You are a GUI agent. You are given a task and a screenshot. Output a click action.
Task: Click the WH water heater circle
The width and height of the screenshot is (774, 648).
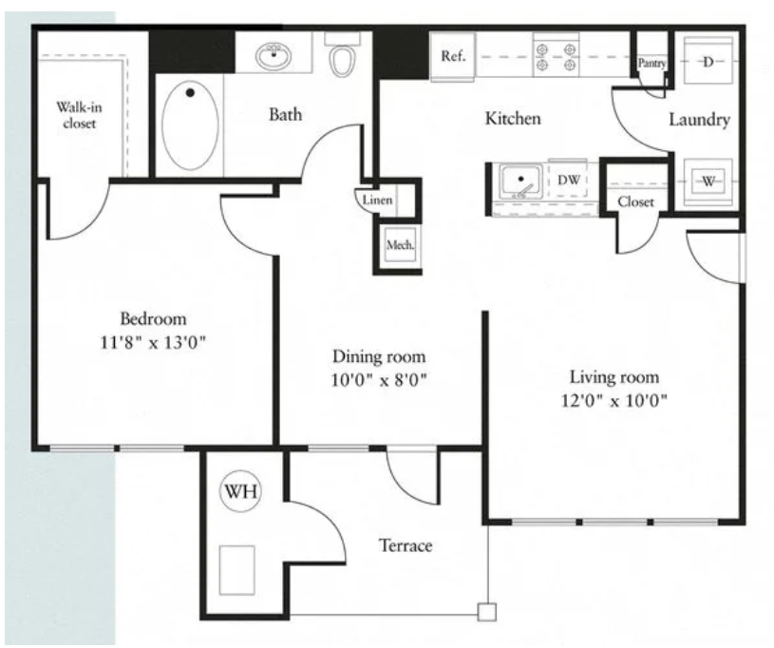point(240,491)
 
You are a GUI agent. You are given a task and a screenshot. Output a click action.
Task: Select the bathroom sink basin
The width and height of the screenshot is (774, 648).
point(273,56)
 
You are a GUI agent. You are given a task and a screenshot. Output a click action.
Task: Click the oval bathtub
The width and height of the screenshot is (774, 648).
point(190,125)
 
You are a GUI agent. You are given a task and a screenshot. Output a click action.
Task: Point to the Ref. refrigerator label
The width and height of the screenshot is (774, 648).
point(453,56)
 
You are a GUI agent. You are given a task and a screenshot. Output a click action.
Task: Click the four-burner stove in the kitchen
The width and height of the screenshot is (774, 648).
point(557,56)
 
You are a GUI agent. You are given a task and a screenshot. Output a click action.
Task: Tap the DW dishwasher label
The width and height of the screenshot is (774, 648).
point(569,180)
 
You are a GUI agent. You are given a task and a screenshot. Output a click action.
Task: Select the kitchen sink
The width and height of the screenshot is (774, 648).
point(520,181)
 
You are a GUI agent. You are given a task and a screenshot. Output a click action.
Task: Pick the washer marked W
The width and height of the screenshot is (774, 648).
point(708,181)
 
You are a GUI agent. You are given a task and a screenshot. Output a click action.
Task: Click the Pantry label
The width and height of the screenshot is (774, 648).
point(651,64)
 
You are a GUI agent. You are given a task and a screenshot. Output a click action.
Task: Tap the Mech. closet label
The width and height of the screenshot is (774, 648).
point(401,244)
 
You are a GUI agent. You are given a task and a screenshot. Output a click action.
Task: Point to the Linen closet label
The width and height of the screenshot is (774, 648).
point(377,200)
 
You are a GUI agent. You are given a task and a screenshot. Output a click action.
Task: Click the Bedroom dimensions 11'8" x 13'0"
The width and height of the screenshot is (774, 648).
point(153,342)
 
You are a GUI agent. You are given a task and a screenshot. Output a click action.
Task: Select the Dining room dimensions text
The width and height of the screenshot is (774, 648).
point(379,380)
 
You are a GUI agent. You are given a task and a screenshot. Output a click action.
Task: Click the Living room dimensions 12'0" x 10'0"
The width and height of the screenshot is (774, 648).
point(614,400)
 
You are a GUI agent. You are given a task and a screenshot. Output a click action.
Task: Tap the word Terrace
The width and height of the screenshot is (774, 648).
point(406,545)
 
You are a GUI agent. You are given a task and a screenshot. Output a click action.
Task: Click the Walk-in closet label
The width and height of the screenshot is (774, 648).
point(79,115)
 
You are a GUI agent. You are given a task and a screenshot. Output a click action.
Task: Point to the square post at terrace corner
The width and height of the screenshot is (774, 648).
point(487,612)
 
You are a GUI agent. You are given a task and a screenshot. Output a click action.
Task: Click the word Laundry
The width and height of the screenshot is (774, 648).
point(699,120)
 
